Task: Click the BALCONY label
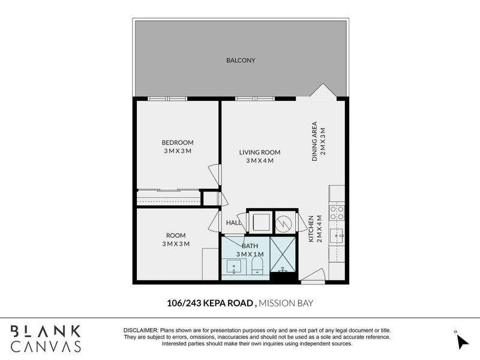[x=241, y=60]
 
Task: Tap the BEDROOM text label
[x=177, y=142]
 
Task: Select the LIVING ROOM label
[x=259, y=152]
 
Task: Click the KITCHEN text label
[x=311, y=229]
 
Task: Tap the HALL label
[x=233, y=223]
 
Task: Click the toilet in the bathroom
[x=257, y=265]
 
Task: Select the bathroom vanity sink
[x=233, y=266]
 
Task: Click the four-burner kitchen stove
[x=337, y=213]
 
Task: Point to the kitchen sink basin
[x=337, y=235]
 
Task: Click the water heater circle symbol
[x=283, y=223]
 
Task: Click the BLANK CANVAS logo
[x=46, y=338]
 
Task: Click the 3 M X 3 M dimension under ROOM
[x=176, y=244]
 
